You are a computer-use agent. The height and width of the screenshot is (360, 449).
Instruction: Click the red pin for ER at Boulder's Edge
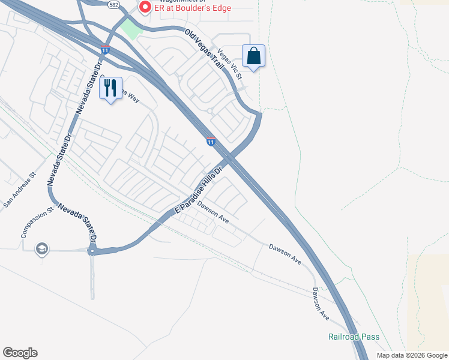pos(144,8)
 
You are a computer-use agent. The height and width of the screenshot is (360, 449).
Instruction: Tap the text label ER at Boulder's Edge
pos(192,8)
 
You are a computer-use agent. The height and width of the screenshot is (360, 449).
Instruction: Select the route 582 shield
pos(113,4)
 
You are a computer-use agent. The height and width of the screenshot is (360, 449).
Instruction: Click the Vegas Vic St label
pos(230,64)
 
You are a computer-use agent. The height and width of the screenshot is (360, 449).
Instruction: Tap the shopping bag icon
pos(253,56)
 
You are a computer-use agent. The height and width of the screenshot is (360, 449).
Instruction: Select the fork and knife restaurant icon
pos(110,88)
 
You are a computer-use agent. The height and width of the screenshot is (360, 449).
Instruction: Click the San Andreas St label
pos(20,191)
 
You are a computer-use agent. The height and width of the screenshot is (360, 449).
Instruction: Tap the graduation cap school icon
pos(41,248)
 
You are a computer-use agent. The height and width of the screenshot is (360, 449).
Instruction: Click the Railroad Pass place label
pos(354,337)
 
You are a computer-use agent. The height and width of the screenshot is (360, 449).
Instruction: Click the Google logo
pos(20,353)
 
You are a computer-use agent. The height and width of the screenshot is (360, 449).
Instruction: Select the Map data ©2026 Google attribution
pos(411,355)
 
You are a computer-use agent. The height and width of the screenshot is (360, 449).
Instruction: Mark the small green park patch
pos(130,28)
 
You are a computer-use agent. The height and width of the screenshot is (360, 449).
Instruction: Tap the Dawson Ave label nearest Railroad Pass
pos(321,304)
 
